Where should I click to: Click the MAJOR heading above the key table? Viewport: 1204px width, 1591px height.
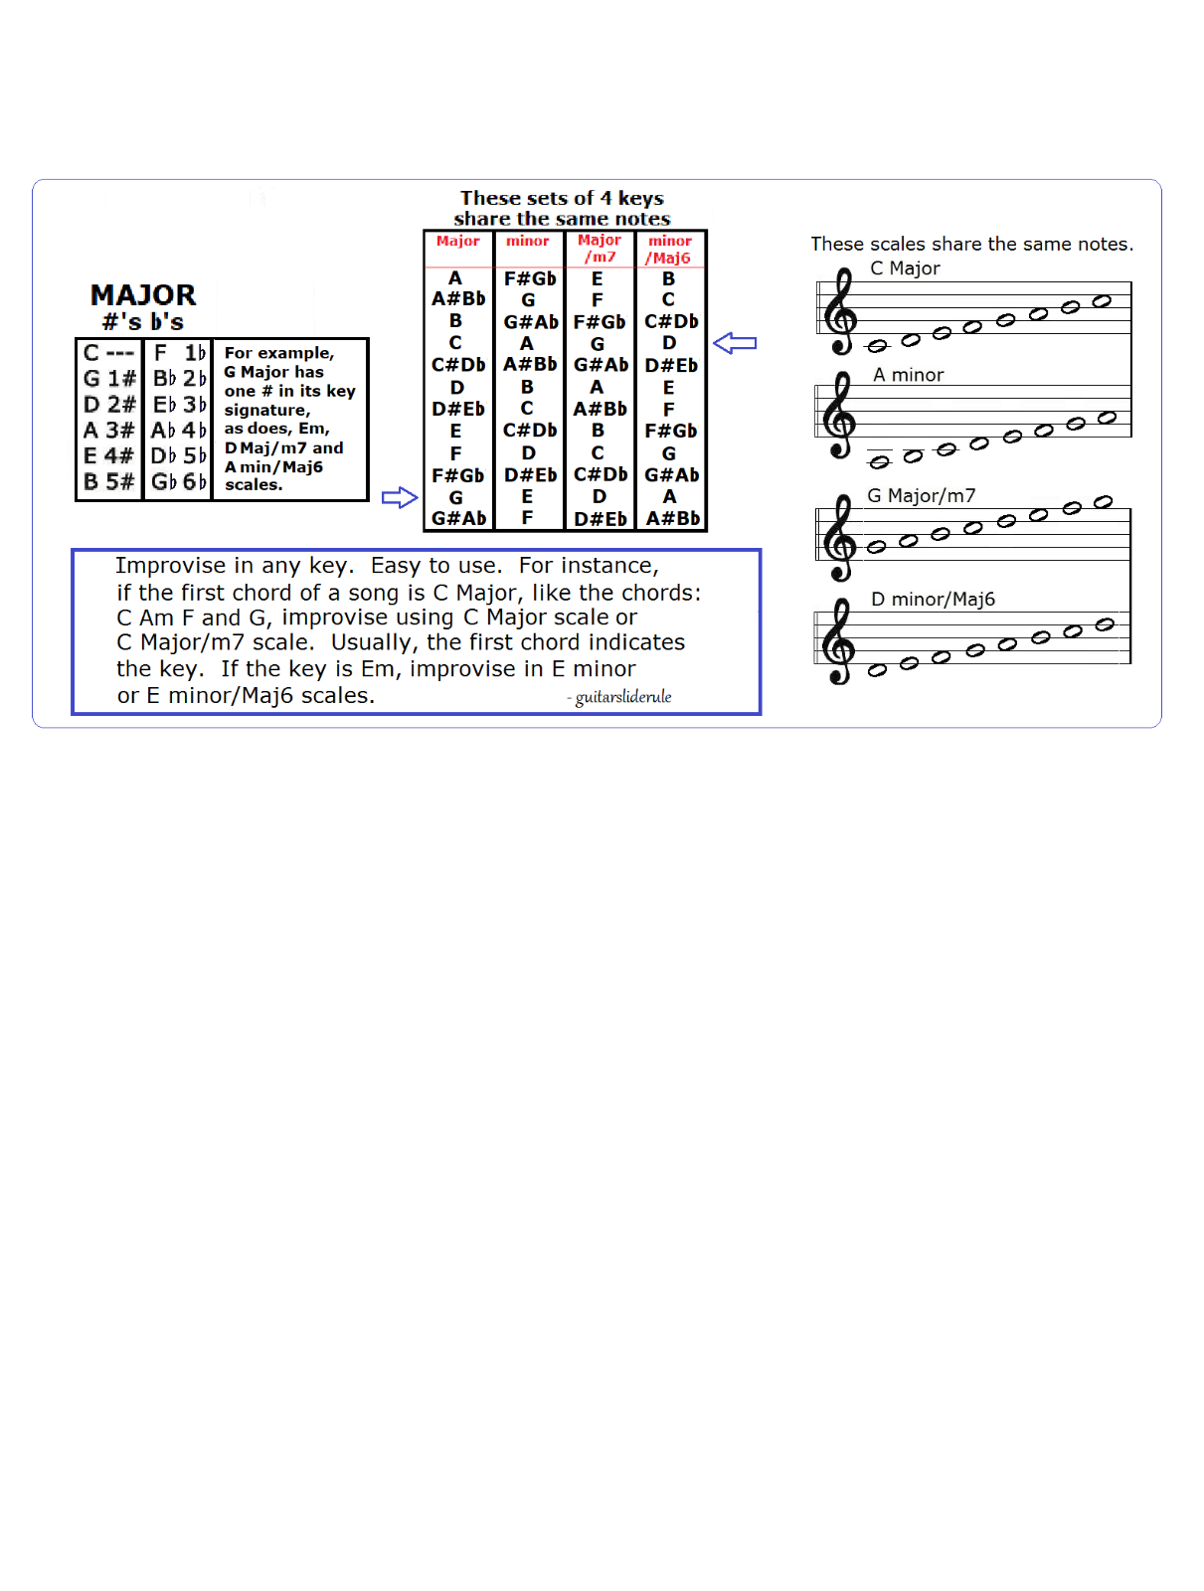pos(143,295)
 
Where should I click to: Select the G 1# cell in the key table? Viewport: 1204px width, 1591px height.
pos(109,379)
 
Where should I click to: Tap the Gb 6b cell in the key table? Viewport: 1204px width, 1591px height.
pos(179,482)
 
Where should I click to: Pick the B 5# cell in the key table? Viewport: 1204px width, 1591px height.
pos(109,482)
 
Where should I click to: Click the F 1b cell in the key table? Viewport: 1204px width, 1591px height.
pos(179,353)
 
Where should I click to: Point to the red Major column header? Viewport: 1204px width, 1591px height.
pos(457,242)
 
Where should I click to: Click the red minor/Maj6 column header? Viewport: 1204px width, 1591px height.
pos(670,250)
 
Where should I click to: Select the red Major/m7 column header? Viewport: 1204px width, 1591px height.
pos(600,249)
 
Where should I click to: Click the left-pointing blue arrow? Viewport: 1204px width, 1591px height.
pos(735,343)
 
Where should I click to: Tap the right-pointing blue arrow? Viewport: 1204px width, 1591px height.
pos(400,497)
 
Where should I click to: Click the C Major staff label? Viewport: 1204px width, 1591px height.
pos(905,268)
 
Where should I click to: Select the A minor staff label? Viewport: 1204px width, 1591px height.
pos(908,375)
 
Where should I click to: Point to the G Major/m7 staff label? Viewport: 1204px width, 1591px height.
pos(921,495)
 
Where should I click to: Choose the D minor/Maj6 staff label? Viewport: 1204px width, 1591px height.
pos(933,600)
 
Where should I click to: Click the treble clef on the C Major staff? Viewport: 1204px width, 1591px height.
pos(841,312)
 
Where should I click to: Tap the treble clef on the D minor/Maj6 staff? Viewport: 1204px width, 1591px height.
pos(840,641)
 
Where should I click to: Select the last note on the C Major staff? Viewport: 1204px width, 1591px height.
pos(1102,301)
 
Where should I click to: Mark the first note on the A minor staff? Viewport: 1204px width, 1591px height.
pos(879,462)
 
